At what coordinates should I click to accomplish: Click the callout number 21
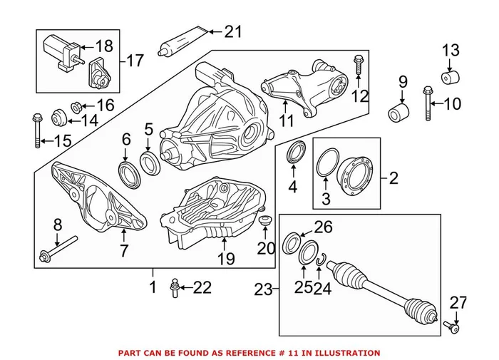233,31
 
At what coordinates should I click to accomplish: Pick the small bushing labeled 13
450,77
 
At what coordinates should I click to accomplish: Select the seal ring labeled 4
293,154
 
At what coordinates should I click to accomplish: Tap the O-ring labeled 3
329,161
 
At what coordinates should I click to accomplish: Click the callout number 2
394,178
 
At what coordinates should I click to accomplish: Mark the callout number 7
123,250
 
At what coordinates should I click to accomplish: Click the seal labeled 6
127,172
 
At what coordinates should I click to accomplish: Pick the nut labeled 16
74,107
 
